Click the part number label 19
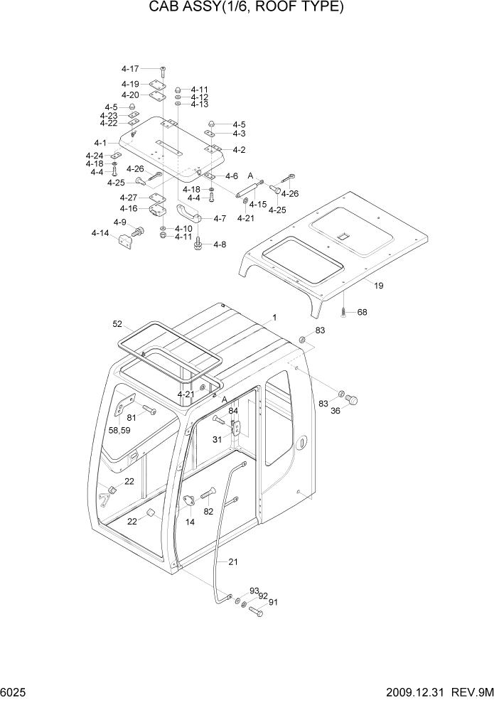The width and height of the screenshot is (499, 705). tap(379, 286)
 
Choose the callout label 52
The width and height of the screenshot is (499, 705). tap(117, 324)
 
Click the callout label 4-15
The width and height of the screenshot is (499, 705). tap(257, 205)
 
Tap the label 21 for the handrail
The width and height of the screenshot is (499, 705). tap(233, 561)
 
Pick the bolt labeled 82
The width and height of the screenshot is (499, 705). tap(208, 495)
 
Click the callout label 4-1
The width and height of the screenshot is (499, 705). tap(100, 143)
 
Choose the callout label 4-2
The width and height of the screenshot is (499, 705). tap(239, 150)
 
